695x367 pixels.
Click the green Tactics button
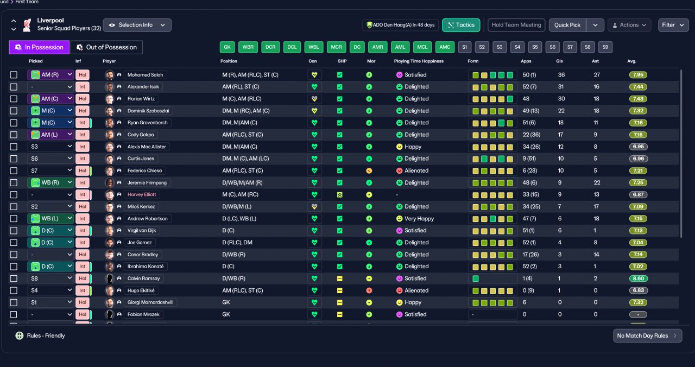(x=461, y=25)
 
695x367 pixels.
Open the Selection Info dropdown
(x=137, y=25)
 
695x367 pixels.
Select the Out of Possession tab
(x=107, y=47)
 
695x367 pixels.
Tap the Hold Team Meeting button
(x=516, y=25)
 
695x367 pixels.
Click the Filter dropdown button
(x=673, y=25)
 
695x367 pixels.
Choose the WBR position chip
(x=248, y=47)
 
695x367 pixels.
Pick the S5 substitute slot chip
(x=535, y=47)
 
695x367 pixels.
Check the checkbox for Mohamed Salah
(x=14, y=75)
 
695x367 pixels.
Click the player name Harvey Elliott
(x=142, y=194)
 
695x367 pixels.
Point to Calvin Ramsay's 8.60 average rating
(x=638, y=279)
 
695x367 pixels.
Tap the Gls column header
(x=559, y=61)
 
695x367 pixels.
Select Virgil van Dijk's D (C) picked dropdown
(x=50, y=231)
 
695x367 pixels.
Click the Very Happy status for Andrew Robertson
(x=415, y=219)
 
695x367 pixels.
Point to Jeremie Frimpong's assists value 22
(x=597, y=183)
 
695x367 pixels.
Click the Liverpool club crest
(x=27, y=25)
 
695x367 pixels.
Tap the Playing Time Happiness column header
(x=419, y=61)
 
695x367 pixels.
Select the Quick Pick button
(x=567, y=25)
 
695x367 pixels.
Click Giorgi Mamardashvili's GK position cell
(x=226, y=302)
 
